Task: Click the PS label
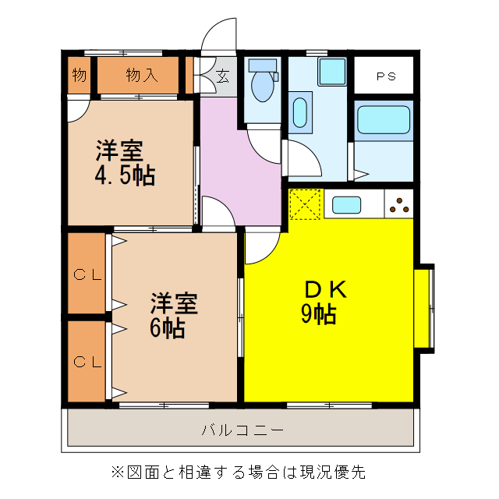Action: point(384,76)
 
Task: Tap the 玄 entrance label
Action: point(222,76)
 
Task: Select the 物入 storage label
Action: point(141,76)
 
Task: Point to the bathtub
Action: point(382,122)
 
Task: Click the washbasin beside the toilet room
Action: point(300,111)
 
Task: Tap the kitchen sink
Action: point(347,205)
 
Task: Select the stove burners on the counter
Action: point(398,205)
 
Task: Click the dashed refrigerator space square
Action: point(305,205)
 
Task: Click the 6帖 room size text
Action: point(168,327)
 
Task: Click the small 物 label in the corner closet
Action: point(79,76)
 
